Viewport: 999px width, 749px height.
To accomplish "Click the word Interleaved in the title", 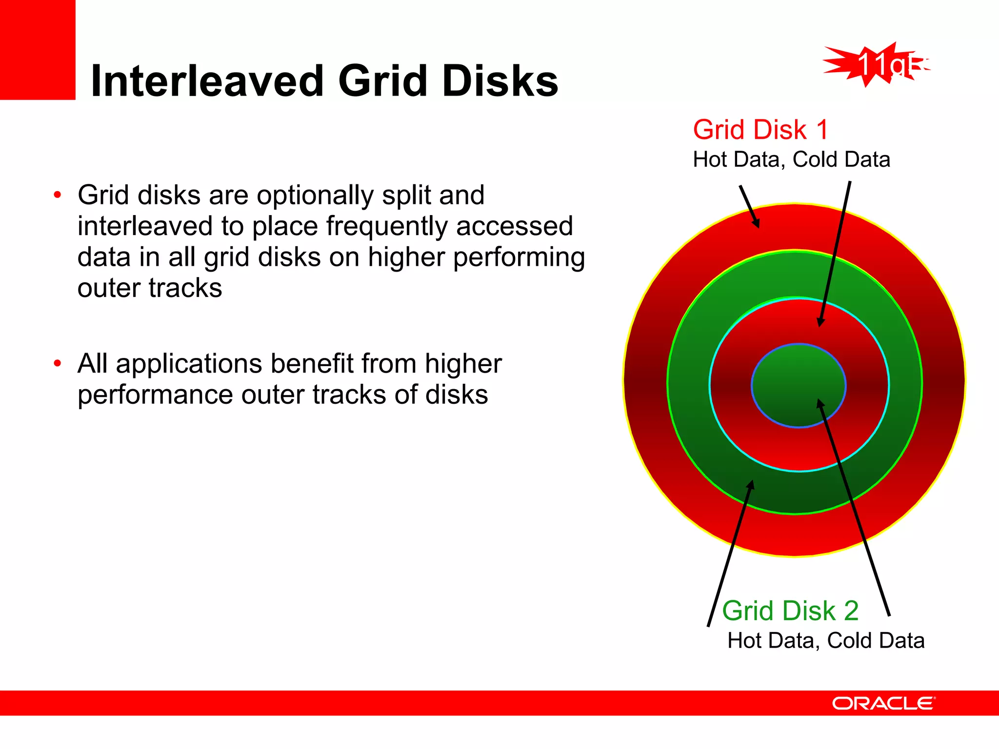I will point(207,81).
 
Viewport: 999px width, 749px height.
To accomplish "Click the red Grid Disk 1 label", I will point(760,130).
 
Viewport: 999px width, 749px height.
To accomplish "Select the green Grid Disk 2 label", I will point(790,611).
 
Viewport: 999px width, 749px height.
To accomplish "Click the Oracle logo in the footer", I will point(883,703).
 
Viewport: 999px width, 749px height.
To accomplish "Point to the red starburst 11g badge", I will point(876,65).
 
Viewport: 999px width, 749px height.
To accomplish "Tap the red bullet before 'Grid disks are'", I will point(58,196).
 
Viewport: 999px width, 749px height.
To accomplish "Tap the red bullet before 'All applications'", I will point(58,364).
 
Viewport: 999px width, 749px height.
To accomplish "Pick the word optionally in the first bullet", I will point(316,196).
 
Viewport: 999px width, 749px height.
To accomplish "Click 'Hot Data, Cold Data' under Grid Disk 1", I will point(791,160).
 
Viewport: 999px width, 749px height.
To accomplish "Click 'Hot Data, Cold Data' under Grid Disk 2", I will point(825,641).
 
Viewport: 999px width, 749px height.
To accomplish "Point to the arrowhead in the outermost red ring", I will point(757,223).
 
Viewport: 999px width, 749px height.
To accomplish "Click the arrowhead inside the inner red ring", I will point(820,322).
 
